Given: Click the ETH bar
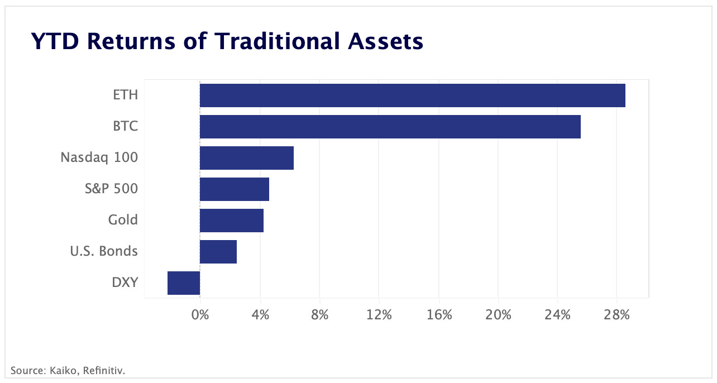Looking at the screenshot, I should tap(412, 95).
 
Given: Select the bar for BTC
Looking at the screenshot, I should tap(390, 127).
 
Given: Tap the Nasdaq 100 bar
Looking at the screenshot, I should tap(246, 158).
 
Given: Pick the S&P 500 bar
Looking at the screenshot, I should tap(234, 189).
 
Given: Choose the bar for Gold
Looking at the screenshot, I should tap(231, 221).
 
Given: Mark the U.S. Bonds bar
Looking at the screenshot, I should tap(218, 252).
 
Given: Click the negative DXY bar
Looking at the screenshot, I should tap(184, 283).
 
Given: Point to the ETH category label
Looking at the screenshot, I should tap(125, 95).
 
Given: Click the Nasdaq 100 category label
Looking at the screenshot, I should tap(99, 157).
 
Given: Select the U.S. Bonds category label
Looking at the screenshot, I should tap(103, 251).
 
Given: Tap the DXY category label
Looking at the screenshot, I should tap(125, 283).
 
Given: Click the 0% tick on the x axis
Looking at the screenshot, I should tap(200, 315).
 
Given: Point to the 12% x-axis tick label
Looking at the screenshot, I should tap(379, 315).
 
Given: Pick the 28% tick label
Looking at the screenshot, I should tap(617, 315).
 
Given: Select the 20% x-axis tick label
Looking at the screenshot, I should tap(498, 315).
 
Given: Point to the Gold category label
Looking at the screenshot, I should tap(123, 220).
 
